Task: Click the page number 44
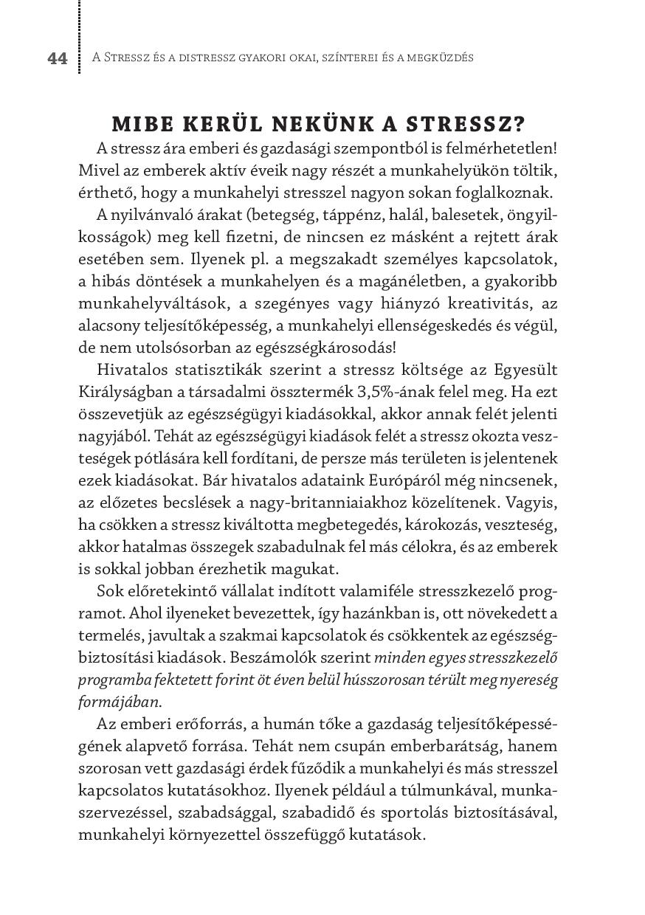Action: pos(58,59)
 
